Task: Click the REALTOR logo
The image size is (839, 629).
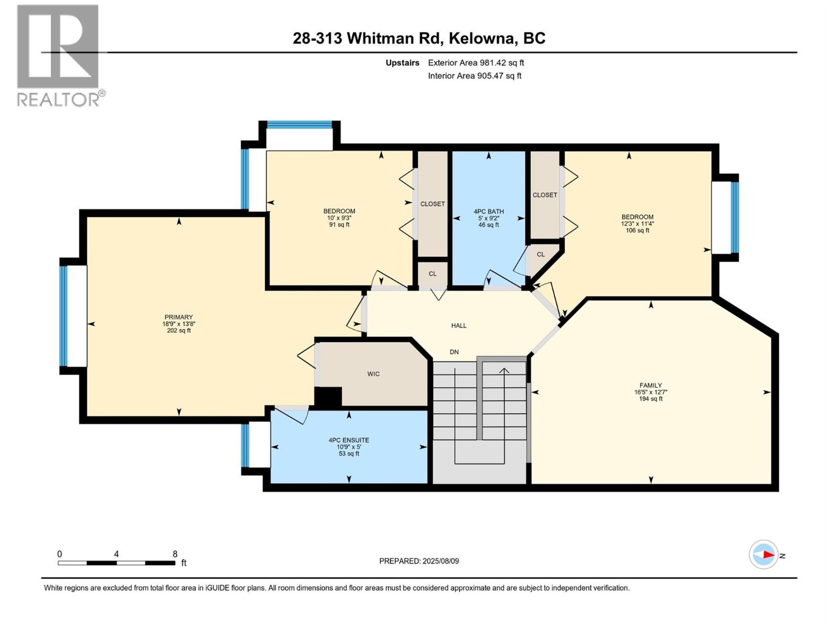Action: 58,55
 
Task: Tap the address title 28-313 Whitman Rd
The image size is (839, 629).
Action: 419,38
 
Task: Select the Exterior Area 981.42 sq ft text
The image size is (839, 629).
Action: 476,63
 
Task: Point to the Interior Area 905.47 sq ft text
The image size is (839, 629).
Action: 475,76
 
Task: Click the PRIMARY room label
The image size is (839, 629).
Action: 179,317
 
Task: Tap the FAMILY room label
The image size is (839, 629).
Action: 650,385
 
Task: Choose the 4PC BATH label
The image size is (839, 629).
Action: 488,212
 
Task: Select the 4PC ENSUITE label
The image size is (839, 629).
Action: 349,440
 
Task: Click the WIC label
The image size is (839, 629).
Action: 373,374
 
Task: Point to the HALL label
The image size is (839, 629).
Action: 459,326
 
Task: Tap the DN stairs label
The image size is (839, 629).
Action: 454,352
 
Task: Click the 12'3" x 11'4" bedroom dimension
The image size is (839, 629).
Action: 637,224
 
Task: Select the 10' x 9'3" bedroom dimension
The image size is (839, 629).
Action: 339,218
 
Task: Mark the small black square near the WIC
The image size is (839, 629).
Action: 328,397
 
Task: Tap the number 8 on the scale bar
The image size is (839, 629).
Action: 175,554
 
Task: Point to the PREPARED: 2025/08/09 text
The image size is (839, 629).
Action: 419,561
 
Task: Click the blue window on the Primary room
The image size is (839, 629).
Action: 63,316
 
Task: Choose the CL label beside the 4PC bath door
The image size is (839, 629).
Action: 541,255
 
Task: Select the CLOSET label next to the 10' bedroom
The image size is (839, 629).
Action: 433,204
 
